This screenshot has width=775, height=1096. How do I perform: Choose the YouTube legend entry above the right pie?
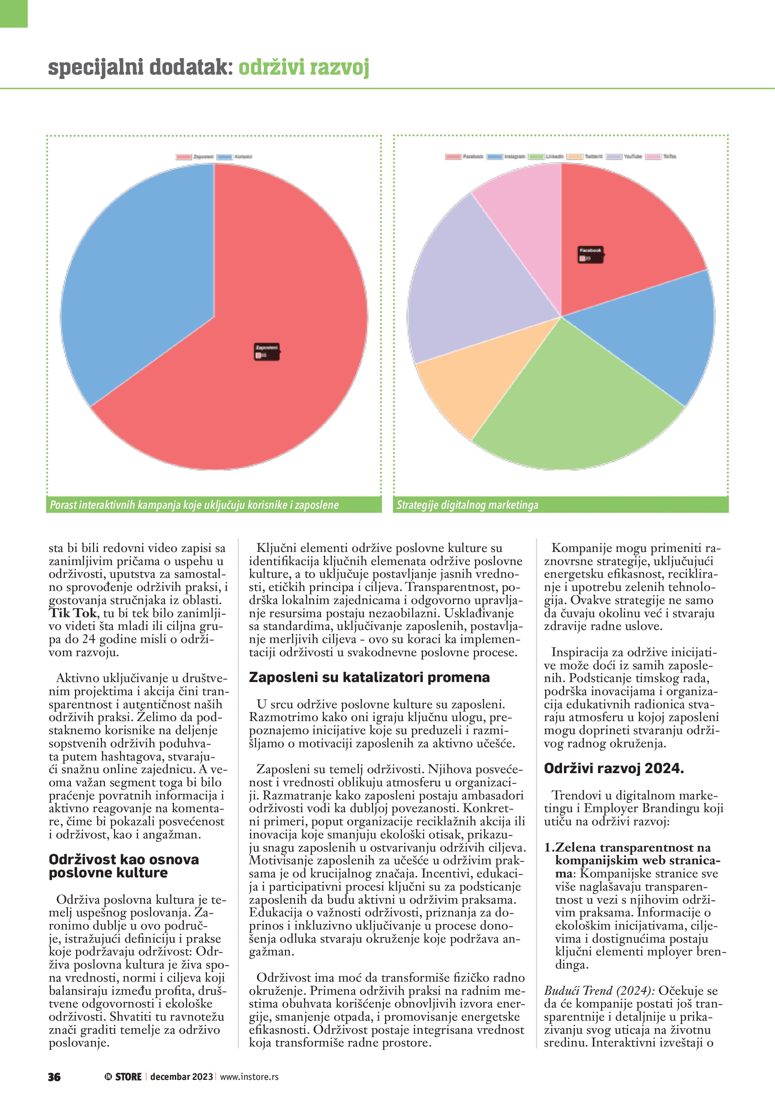pyautogui.click(x=625, y=157)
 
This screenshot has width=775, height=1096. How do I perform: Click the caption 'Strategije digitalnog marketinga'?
pyautogui.click(x=467, y=505)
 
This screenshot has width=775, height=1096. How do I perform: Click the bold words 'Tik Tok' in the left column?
pyautogui.click(x=73, y=613)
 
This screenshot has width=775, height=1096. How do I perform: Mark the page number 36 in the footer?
pyautogui.click(x=54, y=1077)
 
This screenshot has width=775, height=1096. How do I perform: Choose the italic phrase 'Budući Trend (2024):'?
pyautogui.click(x=599, y=991)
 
